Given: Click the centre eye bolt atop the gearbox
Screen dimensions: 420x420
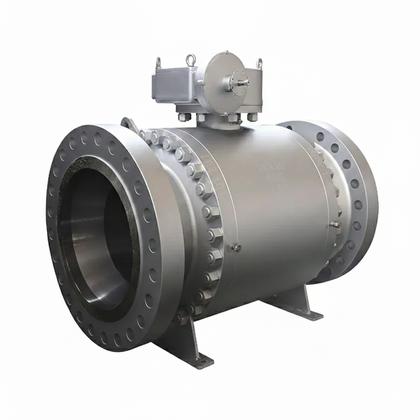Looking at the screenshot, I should (x=191, y=60).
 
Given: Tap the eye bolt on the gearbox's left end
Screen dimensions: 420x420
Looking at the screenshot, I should (x=158, y=63).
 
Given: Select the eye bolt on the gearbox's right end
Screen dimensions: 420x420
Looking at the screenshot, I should (x=259, y=63).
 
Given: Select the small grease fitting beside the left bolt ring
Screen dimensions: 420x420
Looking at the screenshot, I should (x=235, y=247).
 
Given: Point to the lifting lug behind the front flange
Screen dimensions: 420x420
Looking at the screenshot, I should (x=128, y=123).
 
